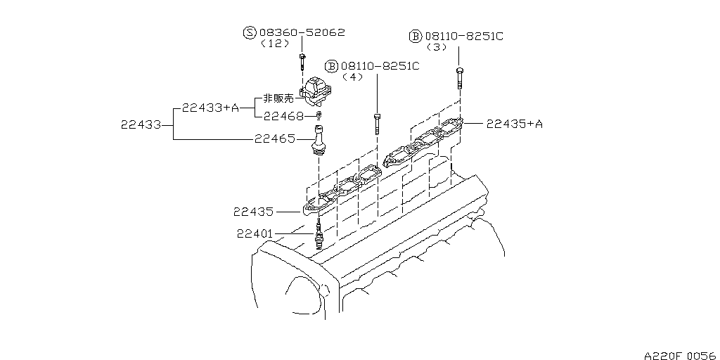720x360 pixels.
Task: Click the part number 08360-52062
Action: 302,32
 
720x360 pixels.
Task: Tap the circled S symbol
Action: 250,32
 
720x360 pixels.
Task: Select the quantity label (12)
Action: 275,44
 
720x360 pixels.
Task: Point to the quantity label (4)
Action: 352,77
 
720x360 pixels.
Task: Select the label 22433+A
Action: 210,108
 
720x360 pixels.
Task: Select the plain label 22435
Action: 255,210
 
